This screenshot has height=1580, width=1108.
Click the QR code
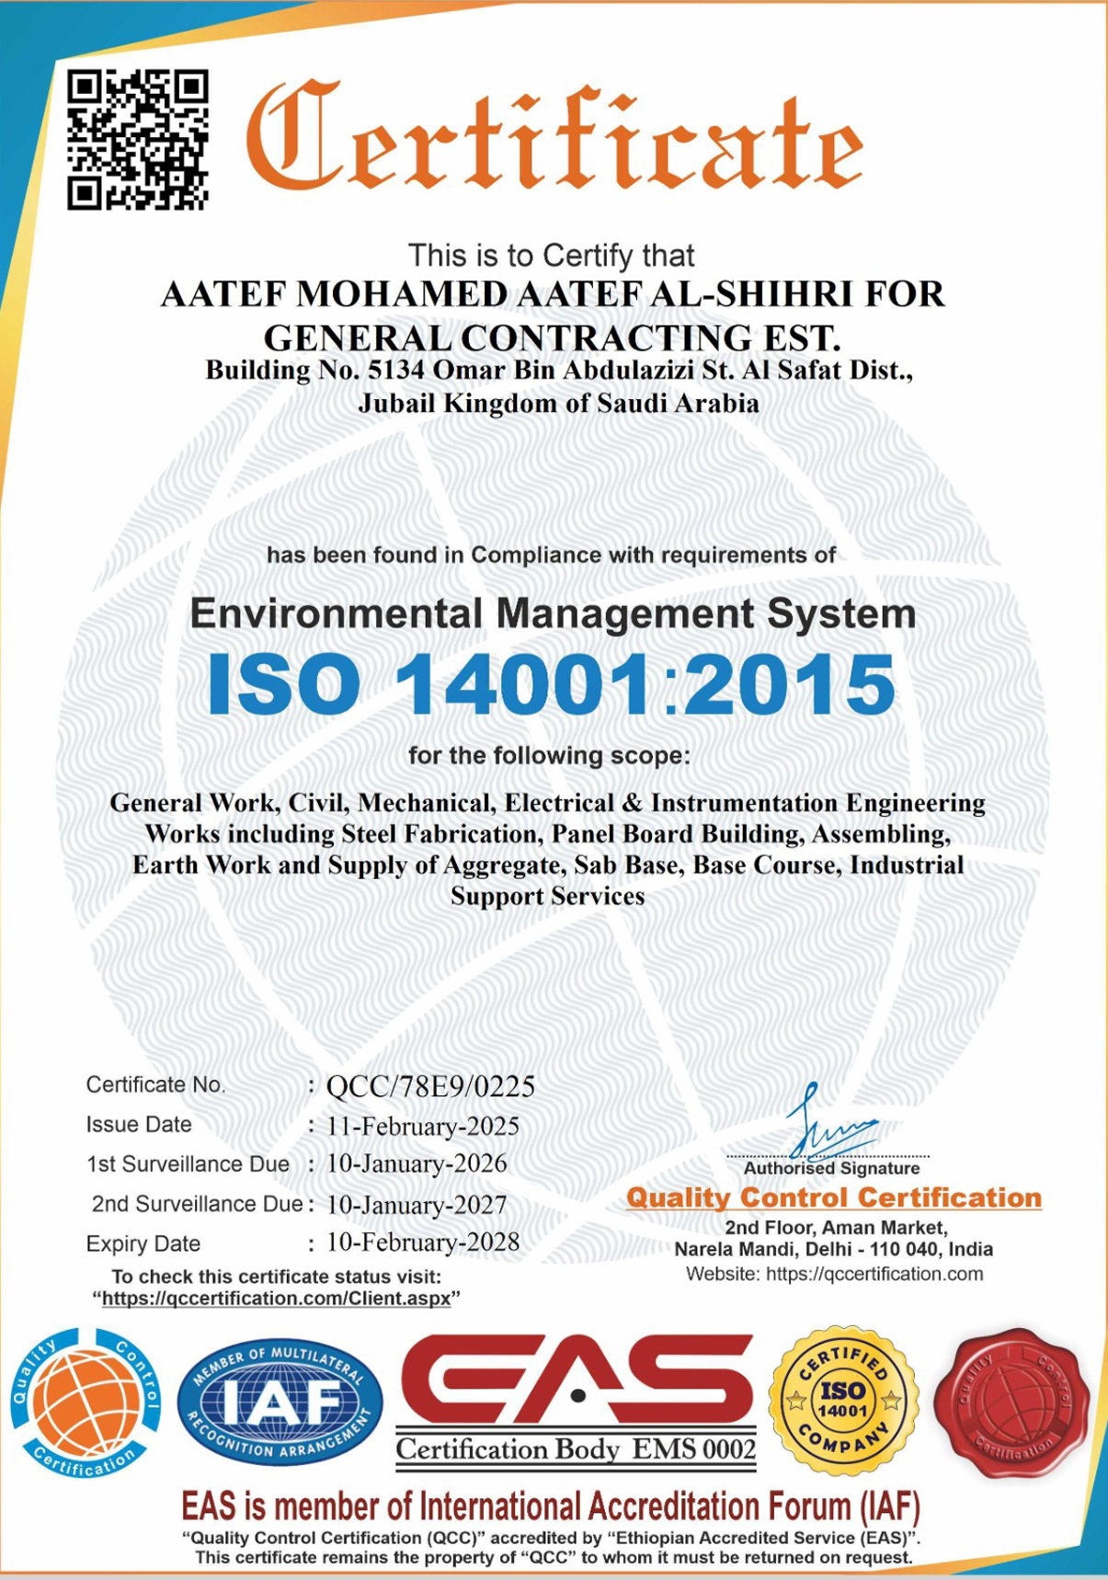tap(138, 139)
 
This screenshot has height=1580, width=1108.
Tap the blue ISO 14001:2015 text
tap(551, 684)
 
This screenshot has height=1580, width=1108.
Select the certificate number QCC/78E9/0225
tap(430, 1087)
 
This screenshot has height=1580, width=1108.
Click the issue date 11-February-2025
tap(423, 1127)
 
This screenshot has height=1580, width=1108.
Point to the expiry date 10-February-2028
tap(423, 1242)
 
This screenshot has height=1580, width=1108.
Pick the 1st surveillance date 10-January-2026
tap(417, 1164)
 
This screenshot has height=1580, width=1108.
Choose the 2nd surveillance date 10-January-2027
tap(417, 1205)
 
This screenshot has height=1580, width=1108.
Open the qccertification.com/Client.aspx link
tap(276, 1299)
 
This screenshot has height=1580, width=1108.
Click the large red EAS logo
tap(577, 1380)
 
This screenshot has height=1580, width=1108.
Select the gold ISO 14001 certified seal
tap(843, 1401)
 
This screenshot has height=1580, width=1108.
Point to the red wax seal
tap(1011, 1402)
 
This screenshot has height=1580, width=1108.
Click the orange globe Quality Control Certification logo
tap(86, 1402)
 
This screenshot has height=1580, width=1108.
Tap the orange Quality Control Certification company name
tap(834, 1197)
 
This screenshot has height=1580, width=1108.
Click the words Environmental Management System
tap(553, 613)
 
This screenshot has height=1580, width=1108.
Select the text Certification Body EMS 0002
tap(576, 1450)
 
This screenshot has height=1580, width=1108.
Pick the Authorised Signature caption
tap(831, 1169)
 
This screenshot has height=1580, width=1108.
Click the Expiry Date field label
tap(143, 1244)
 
